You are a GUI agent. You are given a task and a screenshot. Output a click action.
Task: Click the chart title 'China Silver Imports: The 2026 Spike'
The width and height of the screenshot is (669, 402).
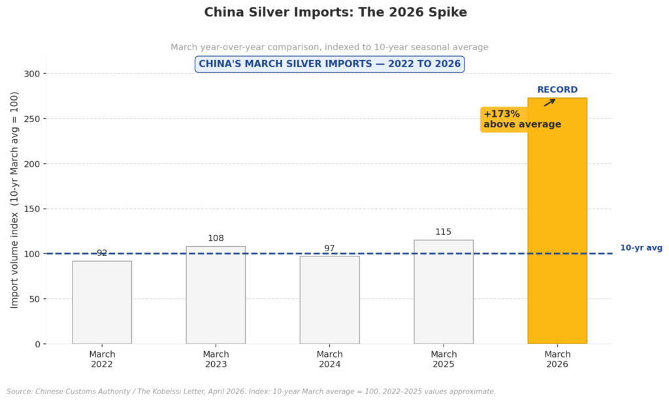(335, 12)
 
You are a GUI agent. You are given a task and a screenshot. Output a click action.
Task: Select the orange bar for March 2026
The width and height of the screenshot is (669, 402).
(557, 222)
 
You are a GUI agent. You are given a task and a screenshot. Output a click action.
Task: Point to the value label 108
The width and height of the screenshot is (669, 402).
(216, 238)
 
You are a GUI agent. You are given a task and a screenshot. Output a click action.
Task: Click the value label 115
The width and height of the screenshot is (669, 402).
(443, 232)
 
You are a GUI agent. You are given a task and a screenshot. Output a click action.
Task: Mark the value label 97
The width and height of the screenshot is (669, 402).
(329, 249)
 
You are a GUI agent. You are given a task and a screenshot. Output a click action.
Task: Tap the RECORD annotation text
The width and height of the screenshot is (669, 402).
(557, 90)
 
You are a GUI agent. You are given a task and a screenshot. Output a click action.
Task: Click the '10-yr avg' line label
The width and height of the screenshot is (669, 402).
(641, 248)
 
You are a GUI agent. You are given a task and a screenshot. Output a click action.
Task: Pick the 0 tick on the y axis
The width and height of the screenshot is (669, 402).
(38, 344)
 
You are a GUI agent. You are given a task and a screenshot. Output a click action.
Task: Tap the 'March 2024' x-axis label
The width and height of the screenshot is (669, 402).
(329, 360)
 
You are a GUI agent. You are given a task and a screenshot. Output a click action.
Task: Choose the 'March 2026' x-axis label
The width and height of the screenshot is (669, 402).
(557, 360)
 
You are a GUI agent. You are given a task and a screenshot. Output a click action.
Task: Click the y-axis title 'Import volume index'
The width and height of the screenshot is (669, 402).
(14, 200)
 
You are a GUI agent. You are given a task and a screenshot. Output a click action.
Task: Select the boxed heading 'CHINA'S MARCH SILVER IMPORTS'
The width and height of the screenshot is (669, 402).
(329, 64)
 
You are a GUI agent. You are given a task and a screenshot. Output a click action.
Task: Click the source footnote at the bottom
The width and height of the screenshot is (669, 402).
(251, 392)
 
